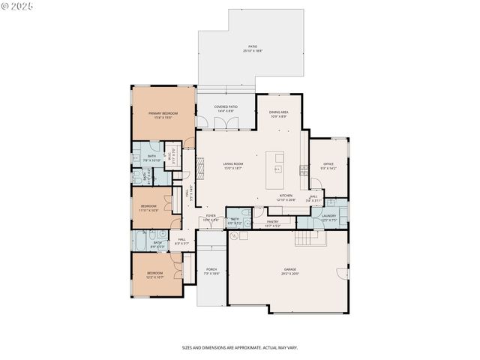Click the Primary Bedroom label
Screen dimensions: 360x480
point(157,115)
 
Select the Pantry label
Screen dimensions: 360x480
point(271,222)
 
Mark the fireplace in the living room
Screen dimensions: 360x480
point(200,166)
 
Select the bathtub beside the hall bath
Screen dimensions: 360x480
point(143,244)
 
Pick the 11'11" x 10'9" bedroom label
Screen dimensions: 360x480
point(148,207)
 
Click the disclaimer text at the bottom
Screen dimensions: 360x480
point(239,348)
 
